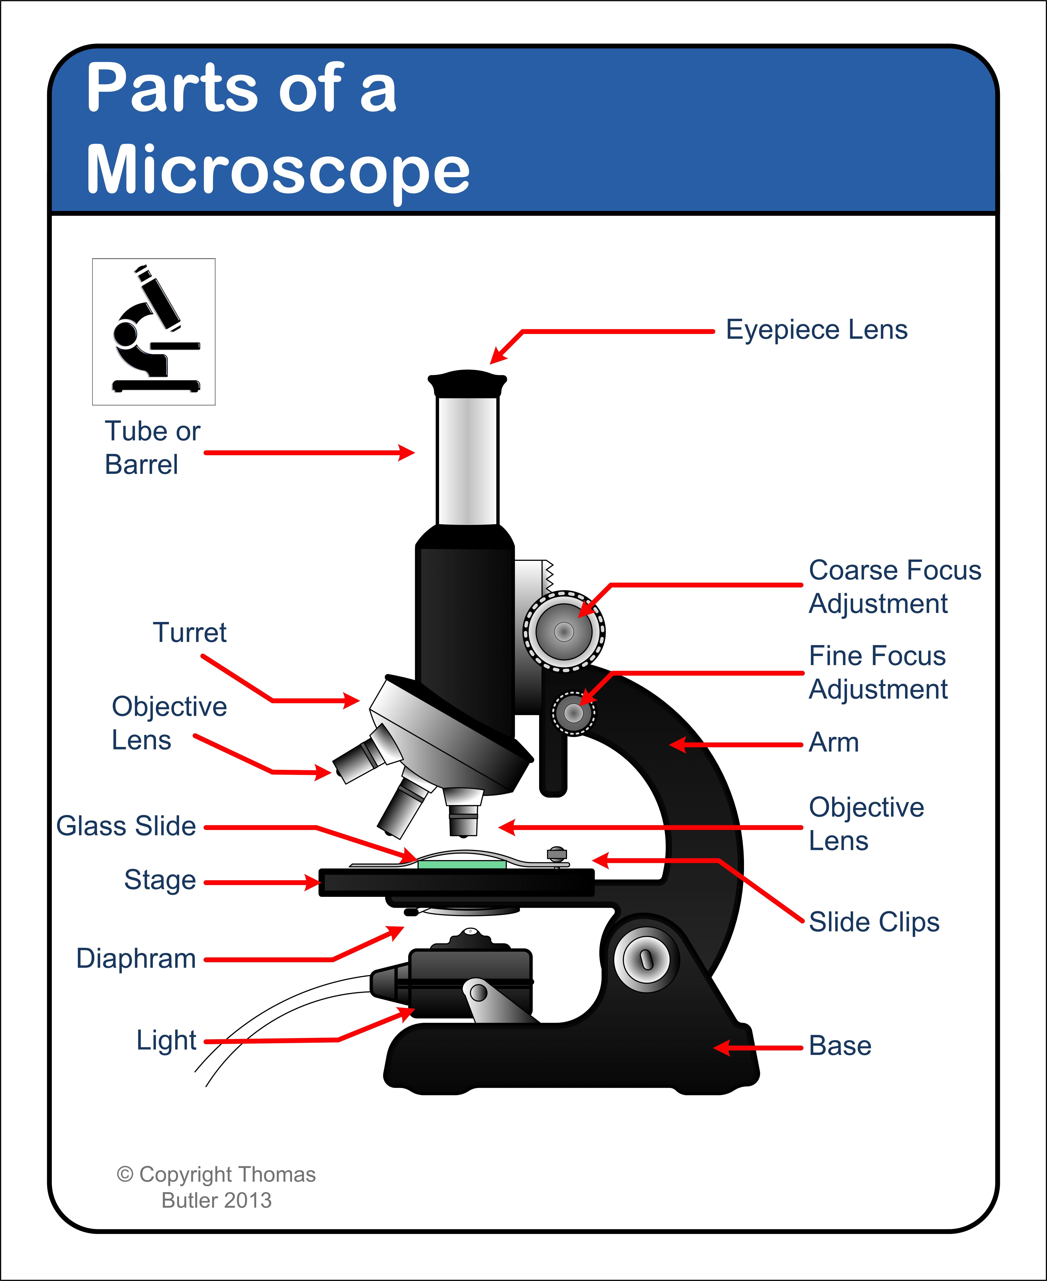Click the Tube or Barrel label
(x=152, y=448)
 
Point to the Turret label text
(x=190, y=633)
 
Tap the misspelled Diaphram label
(x=136, y=958)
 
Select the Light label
(x=166, y=1040)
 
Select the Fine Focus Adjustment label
(x=878, y=672)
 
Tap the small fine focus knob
(x=574, y=713)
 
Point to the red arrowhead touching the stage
(x=314, y=883)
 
